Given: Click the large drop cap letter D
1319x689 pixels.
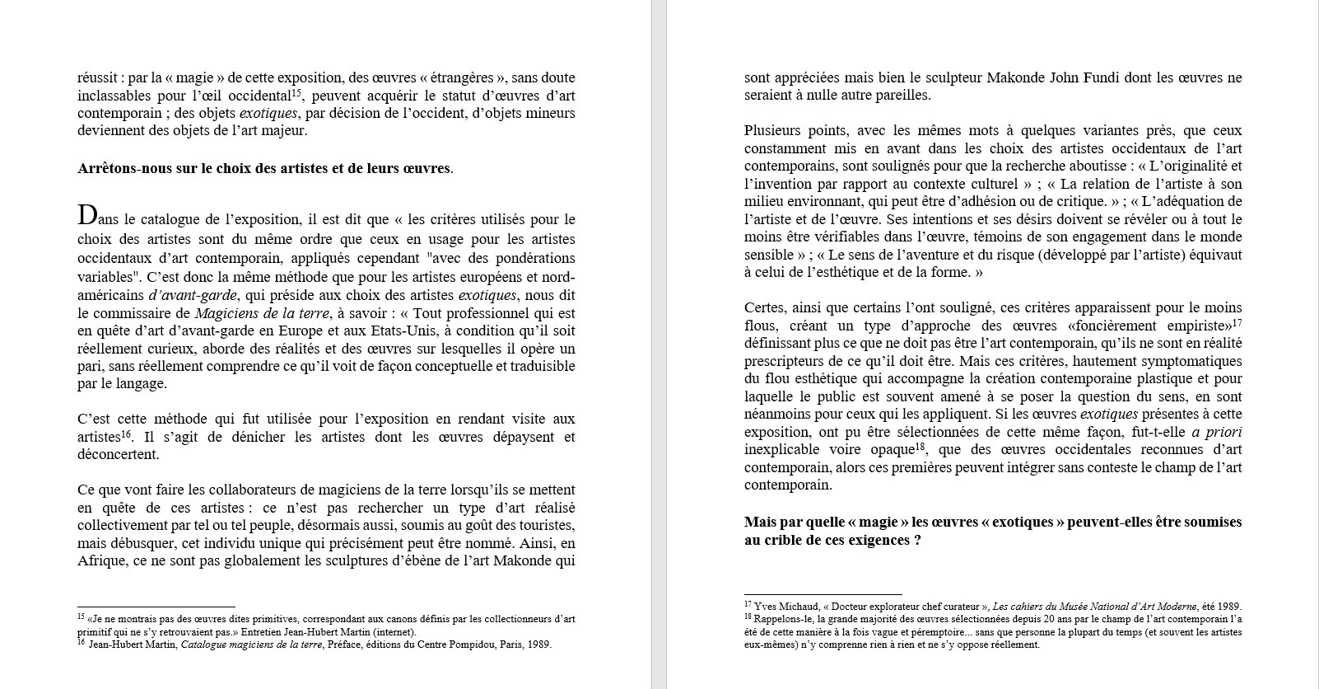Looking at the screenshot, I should (86, 216).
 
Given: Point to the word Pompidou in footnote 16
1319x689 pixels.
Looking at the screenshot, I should (471, 644).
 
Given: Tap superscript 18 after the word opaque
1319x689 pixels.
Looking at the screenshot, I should (921, 447).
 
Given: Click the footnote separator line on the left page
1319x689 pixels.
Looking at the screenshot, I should (156, 607).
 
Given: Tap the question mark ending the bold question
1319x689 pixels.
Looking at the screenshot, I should (916, 540).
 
